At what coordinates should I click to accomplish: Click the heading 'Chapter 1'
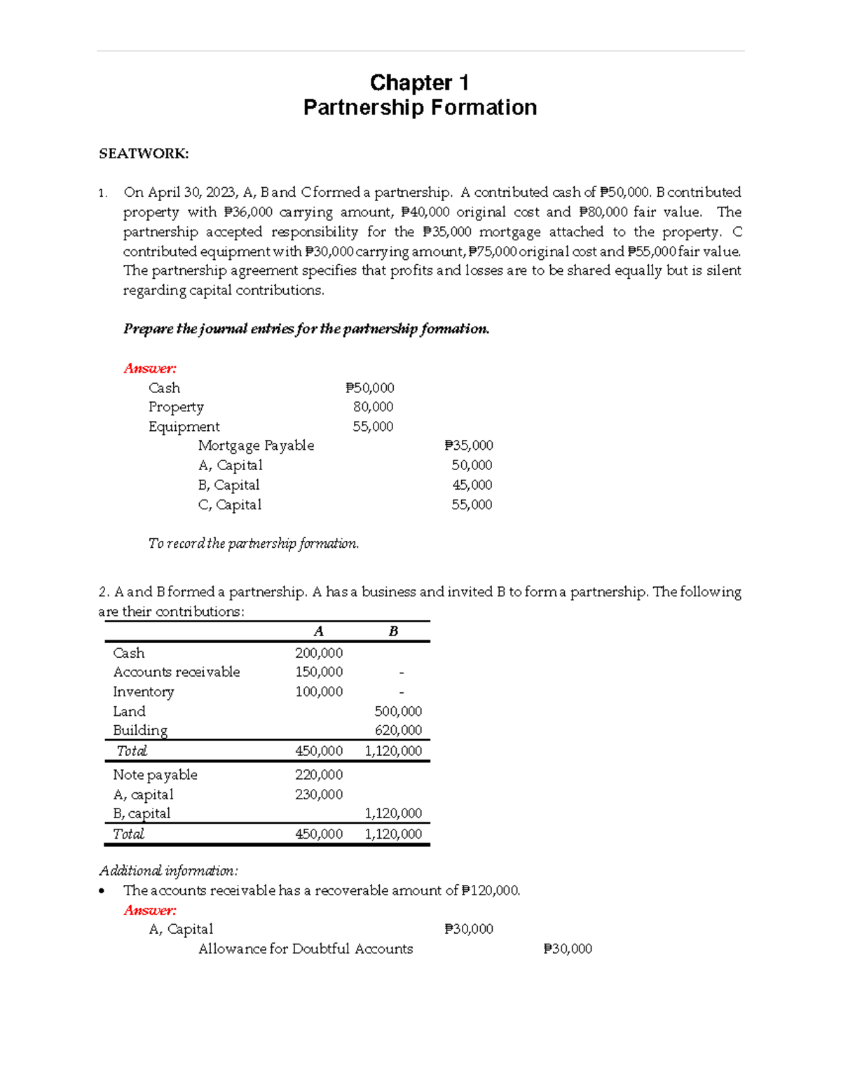(419, 83)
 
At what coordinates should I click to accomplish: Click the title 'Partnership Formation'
(420, 107)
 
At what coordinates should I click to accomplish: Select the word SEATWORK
(144, 154)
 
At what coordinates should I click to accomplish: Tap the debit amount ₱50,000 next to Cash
(370, 388)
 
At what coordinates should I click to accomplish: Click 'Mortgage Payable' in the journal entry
(256, 446)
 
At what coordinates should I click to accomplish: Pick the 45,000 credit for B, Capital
(472, 485)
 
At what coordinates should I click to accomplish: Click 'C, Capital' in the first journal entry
(230, 504)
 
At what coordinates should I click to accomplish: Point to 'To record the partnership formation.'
(254, 544)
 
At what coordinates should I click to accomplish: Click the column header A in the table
(318, 631)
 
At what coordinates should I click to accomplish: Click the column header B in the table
(393, 631)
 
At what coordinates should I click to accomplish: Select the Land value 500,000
(398, 711)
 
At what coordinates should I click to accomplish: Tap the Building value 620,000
(398, 730)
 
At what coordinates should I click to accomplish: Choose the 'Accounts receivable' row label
(177, 672)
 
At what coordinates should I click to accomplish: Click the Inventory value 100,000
(319, 691)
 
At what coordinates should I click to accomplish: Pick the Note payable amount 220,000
(319, 775)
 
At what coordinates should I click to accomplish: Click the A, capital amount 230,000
(319, 794)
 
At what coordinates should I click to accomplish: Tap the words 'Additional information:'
(168, 871)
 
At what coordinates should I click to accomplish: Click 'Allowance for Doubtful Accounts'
(306, 949)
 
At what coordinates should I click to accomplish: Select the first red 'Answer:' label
(150, 369)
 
